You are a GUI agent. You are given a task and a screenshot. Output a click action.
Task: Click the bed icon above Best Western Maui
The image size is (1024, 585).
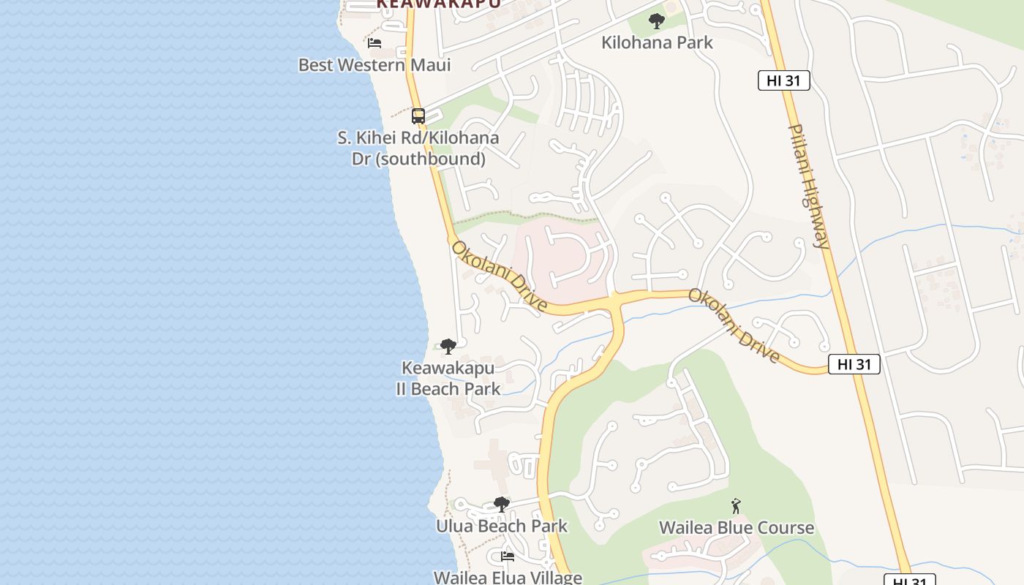pos(374,43)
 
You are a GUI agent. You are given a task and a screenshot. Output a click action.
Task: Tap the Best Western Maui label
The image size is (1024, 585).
pos(374,65)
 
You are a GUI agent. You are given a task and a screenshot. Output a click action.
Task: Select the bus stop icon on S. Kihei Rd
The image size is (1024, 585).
pos(418,116)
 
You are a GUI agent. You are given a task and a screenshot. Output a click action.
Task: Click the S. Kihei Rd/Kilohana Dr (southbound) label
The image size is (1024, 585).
pos(418,148)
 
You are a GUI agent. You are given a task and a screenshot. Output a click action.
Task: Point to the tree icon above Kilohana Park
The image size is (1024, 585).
pos(657,21)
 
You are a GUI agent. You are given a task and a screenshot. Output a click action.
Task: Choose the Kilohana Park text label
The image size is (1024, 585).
pos(657,42)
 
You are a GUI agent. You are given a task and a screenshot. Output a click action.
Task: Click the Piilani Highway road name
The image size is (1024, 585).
pos(810,186)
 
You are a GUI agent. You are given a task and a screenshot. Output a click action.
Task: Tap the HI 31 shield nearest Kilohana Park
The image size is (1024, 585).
pos(783,80)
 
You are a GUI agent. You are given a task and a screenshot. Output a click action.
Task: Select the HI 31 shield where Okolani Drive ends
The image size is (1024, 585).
pos(854,364)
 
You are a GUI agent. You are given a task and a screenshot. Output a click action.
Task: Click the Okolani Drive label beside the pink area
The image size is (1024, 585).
pos(499,276)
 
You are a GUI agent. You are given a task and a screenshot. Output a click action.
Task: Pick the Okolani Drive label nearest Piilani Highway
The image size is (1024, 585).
pos(734,325)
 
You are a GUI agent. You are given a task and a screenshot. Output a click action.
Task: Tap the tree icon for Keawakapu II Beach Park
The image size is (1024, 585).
pos(448,346)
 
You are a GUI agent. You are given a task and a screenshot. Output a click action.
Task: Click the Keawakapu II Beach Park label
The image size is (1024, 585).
pos(448,378)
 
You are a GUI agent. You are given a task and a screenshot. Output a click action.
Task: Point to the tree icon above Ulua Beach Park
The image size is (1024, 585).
pos(501,504)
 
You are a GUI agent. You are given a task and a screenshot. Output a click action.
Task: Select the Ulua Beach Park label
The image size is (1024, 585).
pos(502,526)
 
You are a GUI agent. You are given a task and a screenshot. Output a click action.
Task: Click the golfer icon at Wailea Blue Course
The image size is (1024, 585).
pos(736,505)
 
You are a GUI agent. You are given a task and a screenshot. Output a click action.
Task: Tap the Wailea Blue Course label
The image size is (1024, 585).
pos(736,528)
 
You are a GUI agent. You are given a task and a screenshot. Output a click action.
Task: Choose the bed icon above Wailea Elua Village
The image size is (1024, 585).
pos(508,556)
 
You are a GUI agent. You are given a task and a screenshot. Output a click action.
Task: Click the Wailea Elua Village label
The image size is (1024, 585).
pos(508,578)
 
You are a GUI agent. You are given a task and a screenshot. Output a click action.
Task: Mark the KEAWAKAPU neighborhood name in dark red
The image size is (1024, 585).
pos(439,4)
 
